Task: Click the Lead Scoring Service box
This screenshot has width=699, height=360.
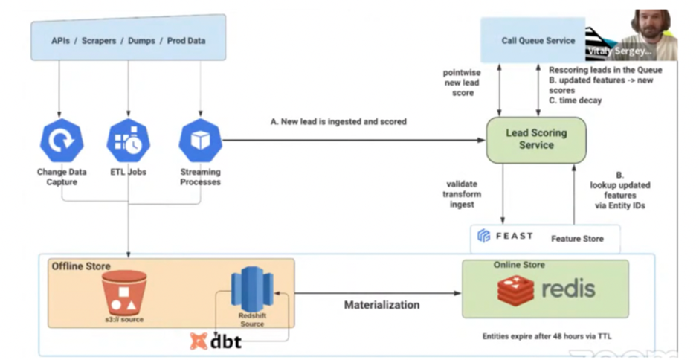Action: pos(536,139)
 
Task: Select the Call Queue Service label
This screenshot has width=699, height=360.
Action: pos(538,41)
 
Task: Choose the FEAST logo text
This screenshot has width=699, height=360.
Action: pos(506,237)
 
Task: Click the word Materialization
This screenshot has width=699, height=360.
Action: pos(381,305)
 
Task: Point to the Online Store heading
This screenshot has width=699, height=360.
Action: pos(519,265)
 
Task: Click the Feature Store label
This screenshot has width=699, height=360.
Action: pos(577,239)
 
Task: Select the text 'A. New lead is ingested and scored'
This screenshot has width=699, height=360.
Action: pos(338,121)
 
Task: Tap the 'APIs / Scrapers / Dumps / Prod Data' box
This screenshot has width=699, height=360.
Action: pos(128,41)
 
